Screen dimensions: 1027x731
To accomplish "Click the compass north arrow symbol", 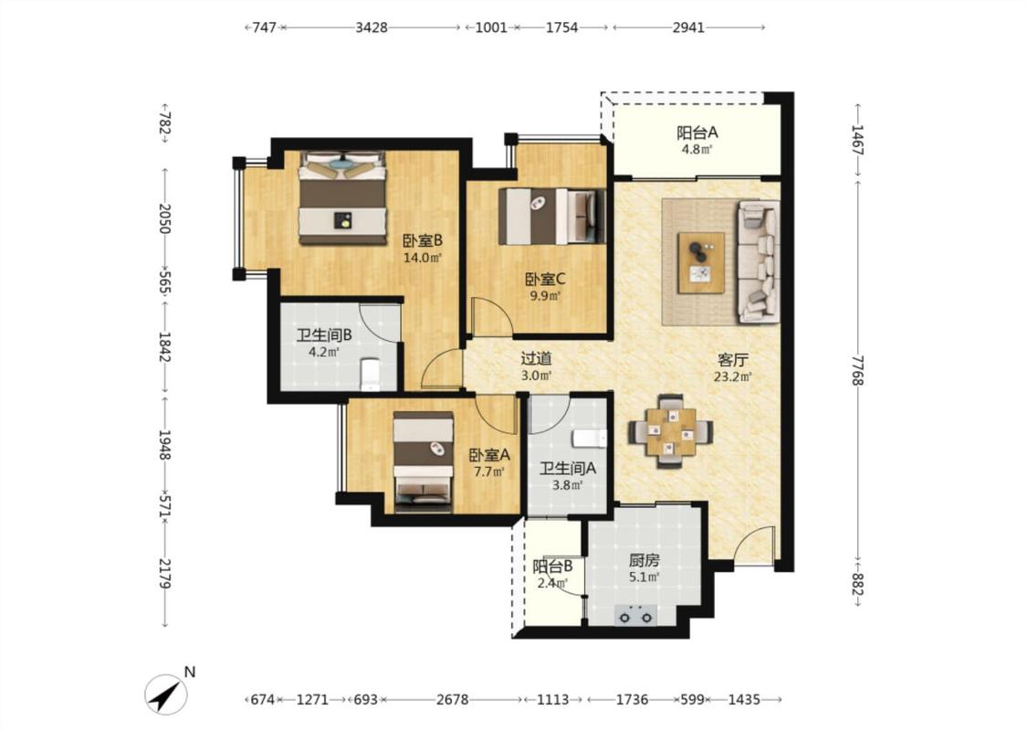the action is (165, 695).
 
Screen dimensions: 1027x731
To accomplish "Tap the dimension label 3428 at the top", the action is (372, 27).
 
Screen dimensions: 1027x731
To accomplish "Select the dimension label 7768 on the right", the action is (857, 370).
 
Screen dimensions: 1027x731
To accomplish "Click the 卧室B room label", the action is (423, 240).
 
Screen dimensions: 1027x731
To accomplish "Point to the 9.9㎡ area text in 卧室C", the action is (546, 296).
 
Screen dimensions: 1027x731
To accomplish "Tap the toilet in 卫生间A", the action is (590, 438).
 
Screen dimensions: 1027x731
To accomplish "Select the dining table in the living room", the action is (671, 431).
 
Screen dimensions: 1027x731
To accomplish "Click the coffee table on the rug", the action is (701, 262).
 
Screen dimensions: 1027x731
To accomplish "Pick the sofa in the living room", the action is (759, 261).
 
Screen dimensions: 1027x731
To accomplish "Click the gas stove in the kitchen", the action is (636, 616).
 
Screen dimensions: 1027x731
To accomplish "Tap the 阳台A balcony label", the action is (697, 132).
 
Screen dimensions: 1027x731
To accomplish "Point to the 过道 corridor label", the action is (536, 358).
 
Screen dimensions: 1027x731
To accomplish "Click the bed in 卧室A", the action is (423, 461).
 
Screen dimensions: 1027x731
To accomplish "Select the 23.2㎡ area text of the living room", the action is (733, 377).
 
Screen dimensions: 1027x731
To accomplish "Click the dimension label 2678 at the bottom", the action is (453, 700).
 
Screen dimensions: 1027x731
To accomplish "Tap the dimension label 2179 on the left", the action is (165, 574).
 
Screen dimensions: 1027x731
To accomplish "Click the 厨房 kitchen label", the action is (644, 560).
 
